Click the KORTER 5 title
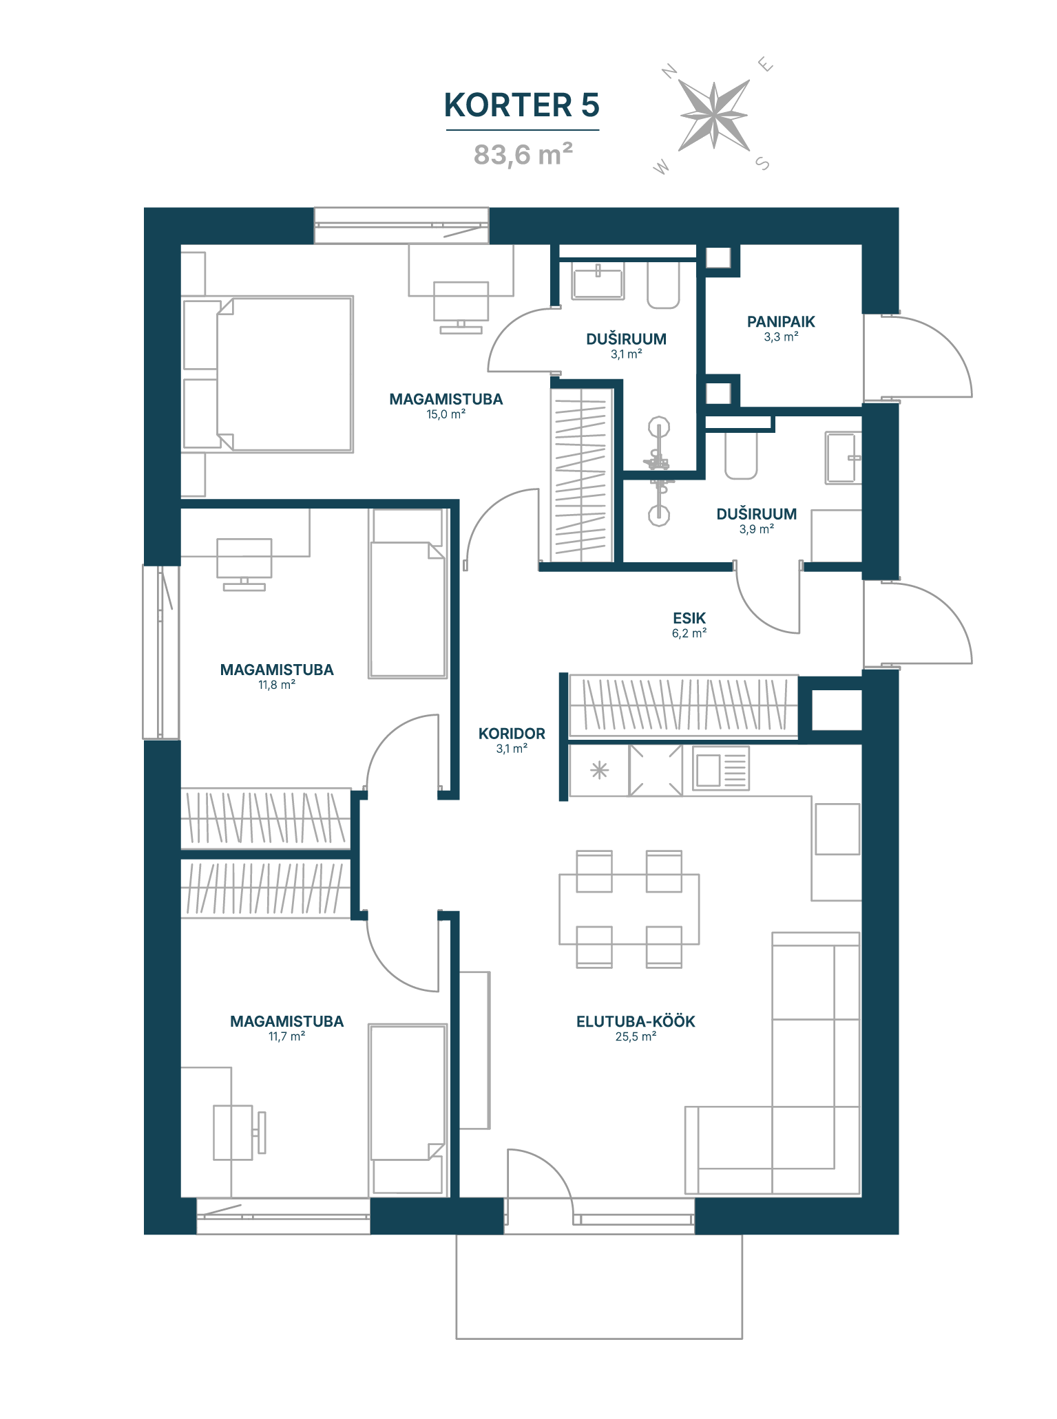click(521, 105)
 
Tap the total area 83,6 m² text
click(523, 154)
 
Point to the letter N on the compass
click(669, 71)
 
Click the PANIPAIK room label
click(781, 321)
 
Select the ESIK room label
click(689, 618)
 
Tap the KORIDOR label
click(512, 734)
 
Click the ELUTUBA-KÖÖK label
click(636, 1021)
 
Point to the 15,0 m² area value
click(446, 414)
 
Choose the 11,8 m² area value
click(277, 685)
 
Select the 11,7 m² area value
click(286, 1036)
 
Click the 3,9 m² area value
click(757, 529)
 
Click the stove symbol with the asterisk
click(600, 770)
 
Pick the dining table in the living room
click(629, 909)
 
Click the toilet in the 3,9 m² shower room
click(741, 454)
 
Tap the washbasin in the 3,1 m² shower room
click(598, 281)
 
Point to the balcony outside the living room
click(599, 1286)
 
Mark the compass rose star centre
click(714, 115)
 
